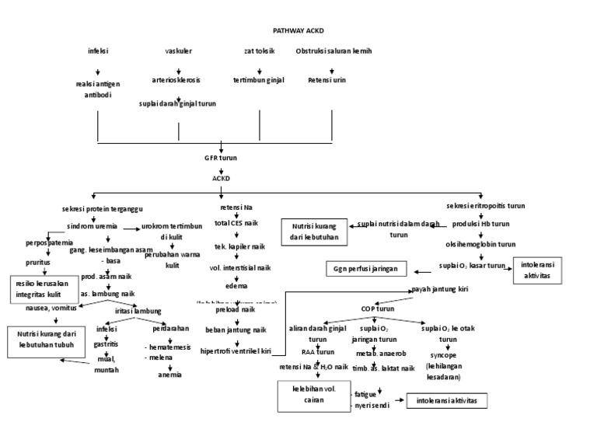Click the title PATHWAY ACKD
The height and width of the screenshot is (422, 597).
[x=298, y=31]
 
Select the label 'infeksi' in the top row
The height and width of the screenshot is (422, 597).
[x=98, y=51]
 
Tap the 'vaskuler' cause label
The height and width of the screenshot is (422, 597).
[x=178, y=51]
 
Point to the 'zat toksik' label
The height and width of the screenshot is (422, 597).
[x=260, y=51]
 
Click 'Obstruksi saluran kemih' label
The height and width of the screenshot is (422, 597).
[x=333, y=51]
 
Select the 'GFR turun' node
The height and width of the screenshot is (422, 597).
[x=221, y=158]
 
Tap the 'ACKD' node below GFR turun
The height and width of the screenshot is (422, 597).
[x=222, y=178]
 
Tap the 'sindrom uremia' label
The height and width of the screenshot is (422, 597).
[x=92, y=226]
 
